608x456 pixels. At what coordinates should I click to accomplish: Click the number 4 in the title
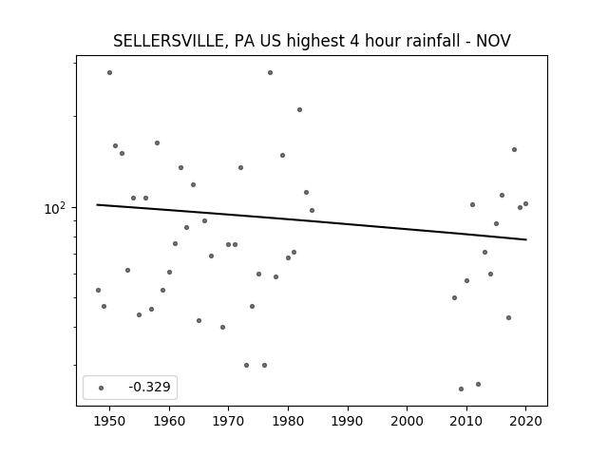click(x=354, y=41)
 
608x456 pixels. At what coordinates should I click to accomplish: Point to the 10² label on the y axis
click(x=55, y=209)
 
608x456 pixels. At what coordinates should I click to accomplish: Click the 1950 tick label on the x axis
click(x=110, y=421)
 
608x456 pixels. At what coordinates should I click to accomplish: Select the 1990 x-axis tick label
click(x=348, y=421)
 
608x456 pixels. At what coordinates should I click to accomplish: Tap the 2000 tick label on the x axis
click(x=408, y=421)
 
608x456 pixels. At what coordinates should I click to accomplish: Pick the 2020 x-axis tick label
click(x=525, y=421)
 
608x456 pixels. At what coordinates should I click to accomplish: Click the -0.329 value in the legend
click(x=149, y=387)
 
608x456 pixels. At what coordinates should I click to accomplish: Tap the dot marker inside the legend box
click(x=101, y=389)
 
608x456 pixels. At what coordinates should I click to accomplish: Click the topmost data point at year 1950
click(x=110, y=73)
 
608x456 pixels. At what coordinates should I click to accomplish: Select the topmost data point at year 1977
click(x=270, y=73)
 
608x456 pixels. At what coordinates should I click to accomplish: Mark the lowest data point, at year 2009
click(x=461, y=389)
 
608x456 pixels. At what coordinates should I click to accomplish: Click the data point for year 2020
click(x=525, y=204)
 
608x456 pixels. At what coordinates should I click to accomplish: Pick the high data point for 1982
click(x=300, y=110)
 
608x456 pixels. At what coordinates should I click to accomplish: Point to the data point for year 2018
click(x=514, y=150)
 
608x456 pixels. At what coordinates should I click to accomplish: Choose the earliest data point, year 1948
click(x=98, y=290)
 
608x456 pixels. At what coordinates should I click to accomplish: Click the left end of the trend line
click(x=97, y=205)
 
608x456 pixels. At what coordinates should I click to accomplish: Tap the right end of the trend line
click(x=526, y=239)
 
